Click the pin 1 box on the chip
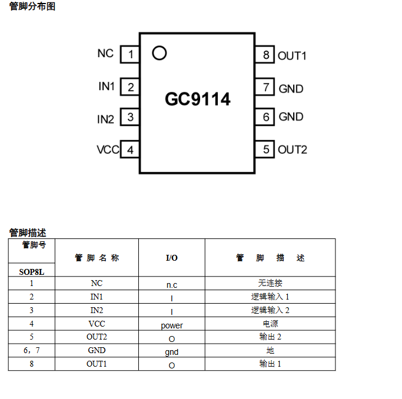click(x=129, y=55)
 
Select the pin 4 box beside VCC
click(x=129, y=149)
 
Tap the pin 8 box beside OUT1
click(x=266, y=55)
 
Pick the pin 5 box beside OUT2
click(x=266, y=149)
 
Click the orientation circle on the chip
click(x=159, y=54)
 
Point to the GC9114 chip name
click(x=198, y=99)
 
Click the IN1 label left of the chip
click(x=107, y=86)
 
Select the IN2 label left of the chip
click(x=106, y=119)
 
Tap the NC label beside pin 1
click(x=105, y=53)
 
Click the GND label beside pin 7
click(x=291, y=89)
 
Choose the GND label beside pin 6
click(x=291, y=117)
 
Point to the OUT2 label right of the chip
click(x=293, y=149)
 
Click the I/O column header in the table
click(x=171, y=258)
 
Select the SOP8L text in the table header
click(x=32, y=272)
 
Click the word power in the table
click(x=172, y=325)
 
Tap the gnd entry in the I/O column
click(x=172, y=352)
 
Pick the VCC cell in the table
click(x=97, y=324)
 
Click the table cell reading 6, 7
click(x=32, y=351)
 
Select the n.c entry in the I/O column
click(x=172, y=285)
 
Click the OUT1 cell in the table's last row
click(x=97, y=364)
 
